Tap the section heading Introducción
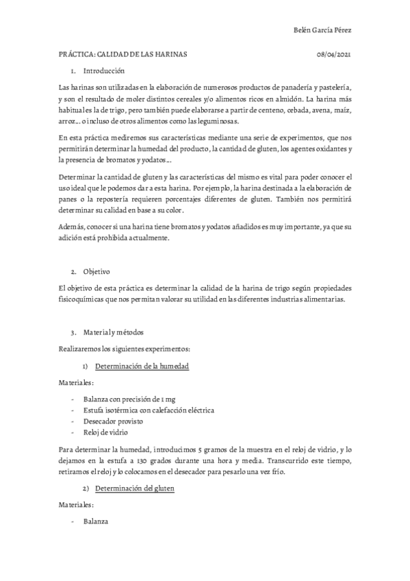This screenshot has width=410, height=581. (x=104, y=71)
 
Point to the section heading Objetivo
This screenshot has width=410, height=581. (x=96, y=251)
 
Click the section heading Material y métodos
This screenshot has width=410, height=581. (x=113, y=332)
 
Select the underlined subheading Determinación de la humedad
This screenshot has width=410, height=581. (x=142, y=367)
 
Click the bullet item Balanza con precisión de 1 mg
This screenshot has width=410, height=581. (x=122, y=398)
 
